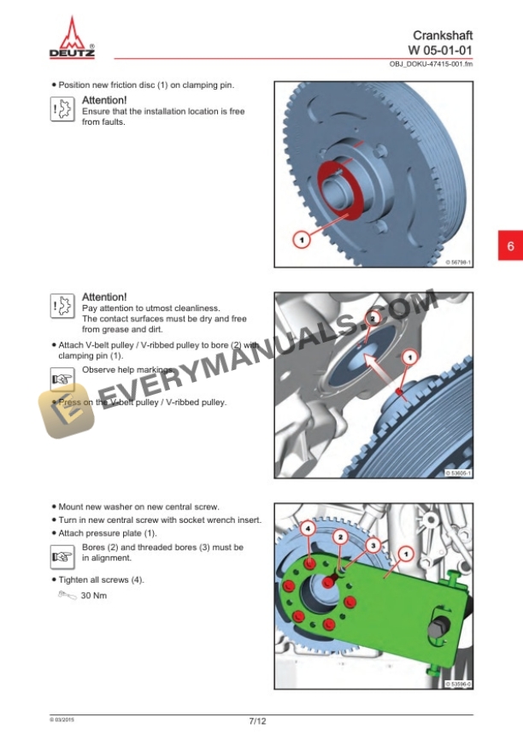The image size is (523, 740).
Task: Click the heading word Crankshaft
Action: [x=442, y=36]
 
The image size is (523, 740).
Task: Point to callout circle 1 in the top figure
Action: [x=301, y=240]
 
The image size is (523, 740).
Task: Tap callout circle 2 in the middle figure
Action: [x=372, y=318]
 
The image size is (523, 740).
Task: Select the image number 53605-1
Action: [x=459, y=473]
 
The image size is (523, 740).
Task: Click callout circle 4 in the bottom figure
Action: [x=309, y=530]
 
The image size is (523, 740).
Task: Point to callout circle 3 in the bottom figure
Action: [x=373, y=543]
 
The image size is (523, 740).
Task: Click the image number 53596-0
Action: [x=459, y=684]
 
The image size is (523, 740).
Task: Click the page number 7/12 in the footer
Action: [x=257, y=721]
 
